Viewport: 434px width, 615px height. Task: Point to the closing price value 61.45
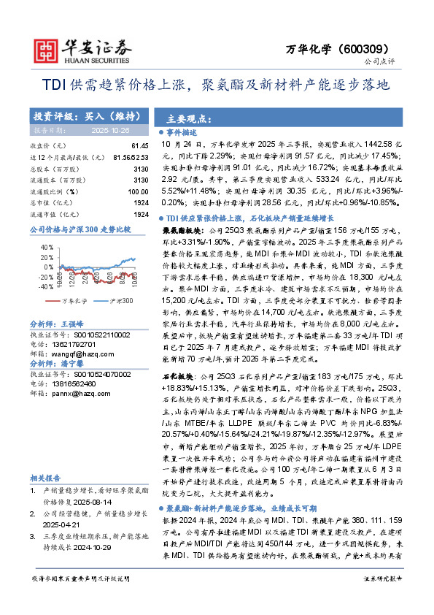coord(140,146)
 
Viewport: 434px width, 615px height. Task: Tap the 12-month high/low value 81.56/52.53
coord(132,157)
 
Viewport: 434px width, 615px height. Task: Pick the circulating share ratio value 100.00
coord(138,190)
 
